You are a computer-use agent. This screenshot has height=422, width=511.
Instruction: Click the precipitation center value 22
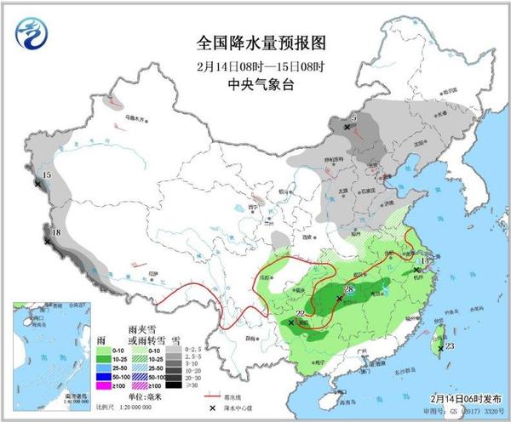[300, 313]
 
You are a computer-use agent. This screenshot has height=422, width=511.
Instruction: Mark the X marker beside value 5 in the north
[347, 127]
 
